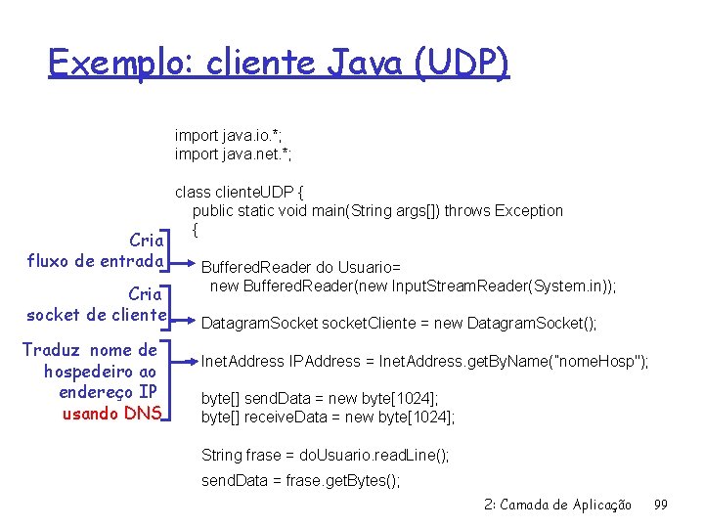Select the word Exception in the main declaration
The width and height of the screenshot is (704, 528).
(529, 210)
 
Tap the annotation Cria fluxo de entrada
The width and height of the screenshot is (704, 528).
(96, 250)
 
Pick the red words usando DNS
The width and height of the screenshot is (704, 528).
(111, 412)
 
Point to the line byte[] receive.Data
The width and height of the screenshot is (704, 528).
(328, 417)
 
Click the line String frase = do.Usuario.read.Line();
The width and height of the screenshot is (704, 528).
(325, 455)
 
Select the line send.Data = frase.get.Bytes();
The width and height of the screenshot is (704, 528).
(300, 480)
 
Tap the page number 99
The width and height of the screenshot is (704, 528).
(660, 505)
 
